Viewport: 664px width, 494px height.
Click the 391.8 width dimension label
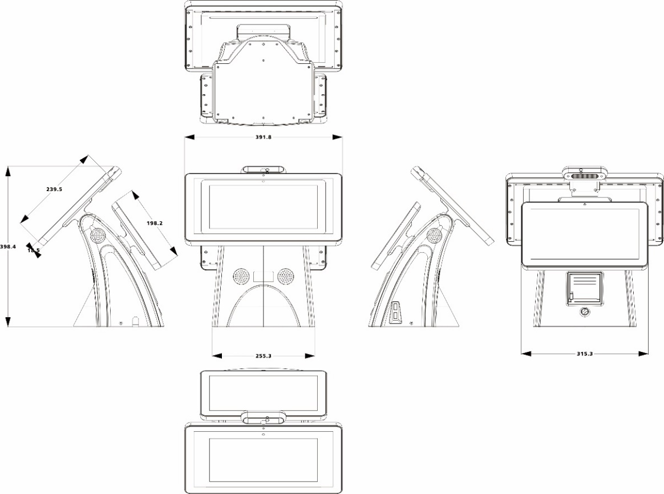(x=263, y=137)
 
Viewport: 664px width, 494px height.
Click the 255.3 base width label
(x=263, y=356)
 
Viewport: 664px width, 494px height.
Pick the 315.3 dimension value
(x=585, y=354)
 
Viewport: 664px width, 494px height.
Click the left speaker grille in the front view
(x=241, y=276)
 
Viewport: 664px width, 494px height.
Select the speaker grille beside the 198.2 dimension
(x=97, y=234)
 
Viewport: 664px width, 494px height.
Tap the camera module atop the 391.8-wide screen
(x=263, y=169)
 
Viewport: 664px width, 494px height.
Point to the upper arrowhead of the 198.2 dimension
(x=135, y=195)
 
